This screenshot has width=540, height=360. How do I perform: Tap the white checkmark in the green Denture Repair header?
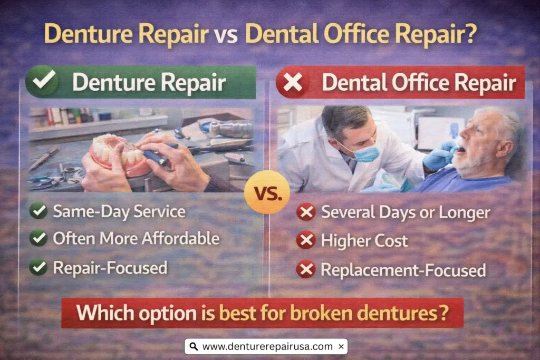click(x=43, y=83)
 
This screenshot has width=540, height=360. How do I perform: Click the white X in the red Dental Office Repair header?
click(x=293, y=83)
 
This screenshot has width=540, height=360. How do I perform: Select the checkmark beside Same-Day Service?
click(x=38, y=211)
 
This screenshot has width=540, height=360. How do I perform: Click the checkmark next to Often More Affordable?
click(x=38, y=238)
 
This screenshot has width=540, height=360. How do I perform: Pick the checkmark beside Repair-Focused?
click(x=38, y=267)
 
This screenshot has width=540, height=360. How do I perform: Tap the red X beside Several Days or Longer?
click(x=306, y=212)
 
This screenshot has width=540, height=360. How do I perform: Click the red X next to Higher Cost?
click(x=306, y=241)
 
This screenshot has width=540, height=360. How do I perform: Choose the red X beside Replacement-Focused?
click(x=306, y=269)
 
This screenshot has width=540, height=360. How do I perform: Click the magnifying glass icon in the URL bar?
click(x=194, y=346)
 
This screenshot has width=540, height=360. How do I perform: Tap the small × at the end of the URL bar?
click(x=341, y=346)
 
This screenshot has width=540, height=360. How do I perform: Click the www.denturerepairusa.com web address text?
click(x=267, y=346)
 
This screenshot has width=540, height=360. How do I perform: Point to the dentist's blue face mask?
click(x=365, y=153)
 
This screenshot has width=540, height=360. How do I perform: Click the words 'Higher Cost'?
click(x=364, y=241)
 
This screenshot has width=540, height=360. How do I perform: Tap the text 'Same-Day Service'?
click(x=119, y=211)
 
